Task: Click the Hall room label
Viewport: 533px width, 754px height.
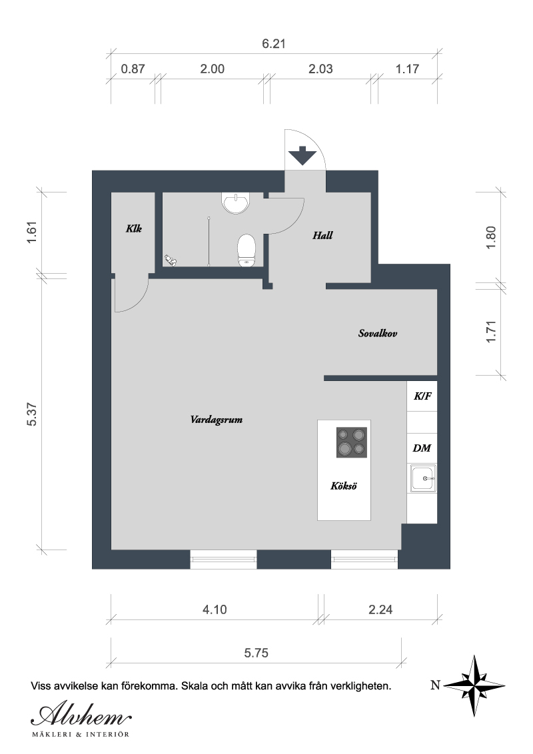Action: (x=322, y=235)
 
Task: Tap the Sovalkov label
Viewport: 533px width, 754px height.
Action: (x=378, y=333)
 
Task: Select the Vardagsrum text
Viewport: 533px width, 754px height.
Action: (x=217, y=420)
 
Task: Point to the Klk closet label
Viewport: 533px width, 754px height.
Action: (x=134, y=228)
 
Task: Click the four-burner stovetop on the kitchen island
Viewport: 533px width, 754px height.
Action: (x=352, y=442)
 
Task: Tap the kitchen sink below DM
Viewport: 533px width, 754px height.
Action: (x=423, y=478)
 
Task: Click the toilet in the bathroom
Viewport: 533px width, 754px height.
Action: (x=247, y=250)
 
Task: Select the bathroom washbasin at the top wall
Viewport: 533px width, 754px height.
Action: (x=237, y=203)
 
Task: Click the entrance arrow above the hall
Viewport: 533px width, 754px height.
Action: (x=302, y=155)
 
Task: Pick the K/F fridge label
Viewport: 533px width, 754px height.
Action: (x=422, y=396)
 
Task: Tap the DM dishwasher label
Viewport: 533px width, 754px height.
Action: (x=422, y=448)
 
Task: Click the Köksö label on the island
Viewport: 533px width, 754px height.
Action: (x=344, y=486)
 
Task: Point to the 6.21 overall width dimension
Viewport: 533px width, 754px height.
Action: (x=274, y=44)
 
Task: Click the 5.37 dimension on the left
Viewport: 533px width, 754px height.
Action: (x=32, y=414)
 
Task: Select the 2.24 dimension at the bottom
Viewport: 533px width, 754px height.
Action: (x=380, y=609)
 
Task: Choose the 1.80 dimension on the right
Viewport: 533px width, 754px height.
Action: (x=490, y=237)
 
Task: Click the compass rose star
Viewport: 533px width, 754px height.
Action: (x=474, y=685)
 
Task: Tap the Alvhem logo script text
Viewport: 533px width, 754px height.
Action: (x=81, y=717)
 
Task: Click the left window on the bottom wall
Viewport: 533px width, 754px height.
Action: (x=223, y=560)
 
